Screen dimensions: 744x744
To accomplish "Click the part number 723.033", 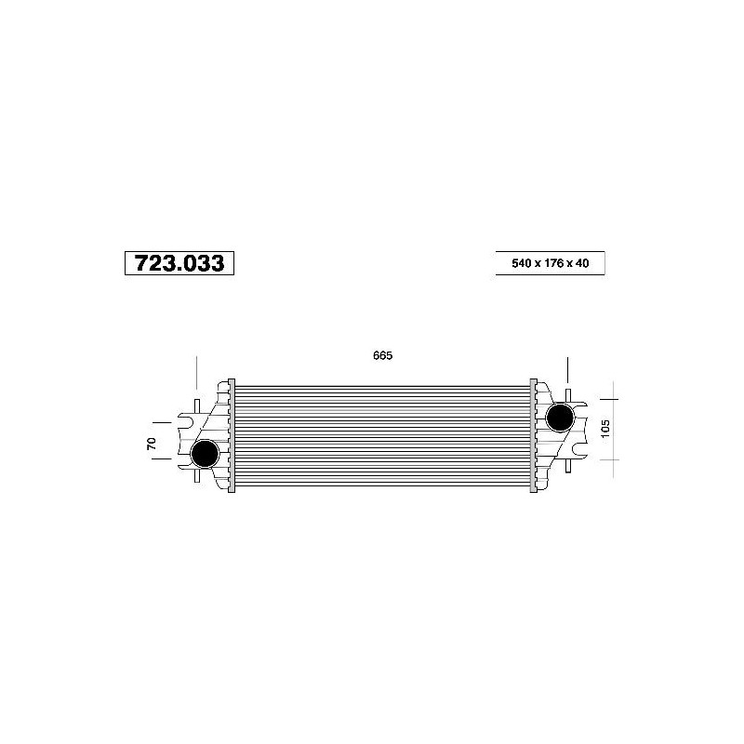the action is coord(179,263).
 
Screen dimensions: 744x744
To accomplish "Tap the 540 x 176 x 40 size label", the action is coord(551,263).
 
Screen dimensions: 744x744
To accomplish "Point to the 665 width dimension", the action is coord(383,355).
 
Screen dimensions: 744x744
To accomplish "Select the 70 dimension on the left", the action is coord(152,444).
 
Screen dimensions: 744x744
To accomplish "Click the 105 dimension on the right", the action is coord(605,429).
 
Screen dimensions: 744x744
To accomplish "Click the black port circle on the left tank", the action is coord(205,453).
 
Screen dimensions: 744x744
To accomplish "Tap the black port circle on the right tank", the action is coord(561,418).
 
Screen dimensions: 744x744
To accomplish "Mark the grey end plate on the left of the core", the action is coord(232,435).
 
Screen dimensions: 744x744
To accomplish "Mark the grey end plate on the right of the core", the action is coord(533,435).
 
